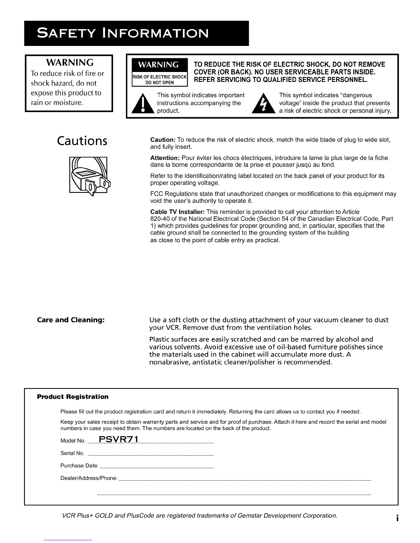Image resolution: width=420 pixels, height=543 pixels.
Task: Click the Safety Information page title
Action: click(x=122, y=34)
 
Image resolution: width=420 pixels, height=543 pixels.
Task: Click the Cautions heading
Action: click(x=82, y=141)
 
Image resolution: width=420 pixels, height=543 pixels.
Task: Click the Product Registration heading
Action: click(x=72, y=397)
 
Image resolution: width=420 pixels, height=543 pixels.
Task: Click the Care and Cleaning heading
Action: click(x=70, y=320)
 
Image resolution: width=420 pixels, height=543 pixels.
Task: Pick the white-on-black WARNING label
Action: click(x=159, y=65)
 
